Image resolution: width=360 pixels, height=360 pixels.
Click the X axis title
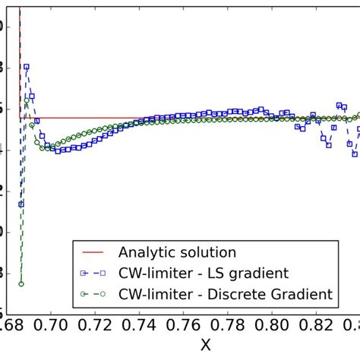click(x=206, y=346)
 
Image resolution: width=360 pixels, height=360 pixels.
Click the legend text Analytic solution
click(x=178, y=252)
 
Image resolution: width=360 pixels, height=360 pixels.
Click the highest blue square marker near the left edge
click(x=27, y=67)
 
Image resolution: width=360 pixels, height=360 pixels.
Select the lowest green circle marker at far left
click(x=21, y=284)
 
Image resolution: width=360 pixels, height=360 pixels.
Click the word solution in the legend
click(x=208, y=252)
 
